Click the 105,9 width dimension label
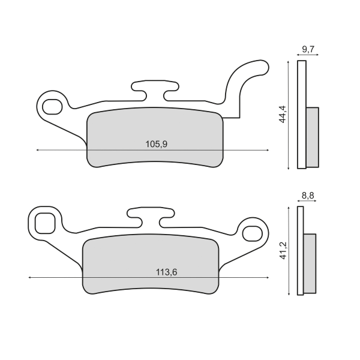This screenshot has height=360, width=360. point(157,144)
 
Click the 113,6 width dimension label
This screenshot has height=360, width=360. point(166,272)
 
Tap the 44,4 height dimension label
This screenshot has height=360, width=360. point(282,114)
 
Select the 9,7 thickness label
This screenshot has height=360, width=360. point(308,49)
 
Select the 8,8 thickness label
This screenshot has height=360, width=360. point(307,196)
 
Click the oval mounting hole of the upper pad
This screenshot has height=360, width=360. point(52,107)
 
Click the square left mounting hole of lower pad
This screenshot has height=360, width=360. point(45,223)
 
